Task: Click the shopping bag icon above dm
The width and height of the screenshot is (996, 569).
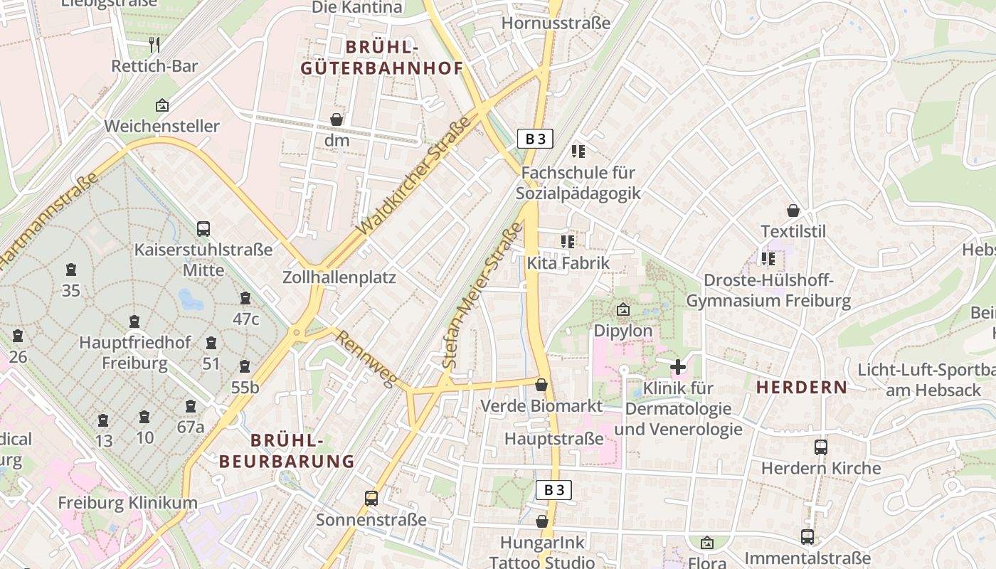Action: click(x=337, y=119)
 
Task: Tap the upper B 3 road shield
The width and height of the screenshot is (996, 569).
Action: click(x=535, y=139)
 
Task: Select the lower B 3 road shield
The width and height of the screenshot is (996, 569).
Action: click(x=553, y=489)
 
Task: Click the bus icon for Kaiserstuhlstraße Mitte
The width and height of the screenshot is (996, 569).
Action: click(x=203, y=229)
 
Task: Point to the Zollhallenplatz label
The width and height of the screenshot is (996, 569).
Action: click(x=339, y=277)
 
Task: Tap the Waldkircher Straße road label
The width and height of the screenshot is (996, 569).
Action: click(x=415, y=175)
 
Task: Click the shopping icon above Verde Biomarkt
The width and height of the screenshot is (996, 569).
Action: click(x=541, y=385)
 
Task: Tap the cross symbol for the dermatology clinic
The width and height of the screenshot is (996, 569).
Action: click(x=678, y=367)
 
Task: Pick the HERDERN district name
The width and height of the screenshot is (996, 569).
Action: click(x=801, y=388)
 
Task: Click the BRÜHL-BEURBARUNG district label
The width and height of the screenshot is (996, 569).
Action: click(x=287, y=451)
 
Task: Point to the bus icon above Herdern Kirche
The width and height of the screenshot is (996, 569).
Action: click(x=820, y=447)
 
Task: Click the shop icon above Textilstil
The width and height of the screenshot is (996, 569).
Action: click(x=793, y=211)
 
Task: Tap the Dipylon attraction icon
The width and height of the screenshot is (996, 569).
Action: click(x=623, y=309)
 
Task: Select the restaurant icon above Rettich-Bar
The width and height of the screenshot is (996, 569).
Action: click(x=154, y=45)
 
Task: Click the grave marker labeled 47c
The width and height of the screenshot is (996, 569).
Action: click(x=245, y=298)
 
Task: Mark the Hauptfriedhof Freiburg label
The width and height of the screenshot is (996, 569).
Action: click(x=134, y=353)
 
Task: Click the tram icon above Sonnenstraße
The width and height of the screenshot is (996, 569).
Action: click(x=371, y=499)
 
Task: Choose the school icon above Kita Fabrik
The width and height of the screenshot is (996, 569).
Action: click(x=567, y=242)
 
